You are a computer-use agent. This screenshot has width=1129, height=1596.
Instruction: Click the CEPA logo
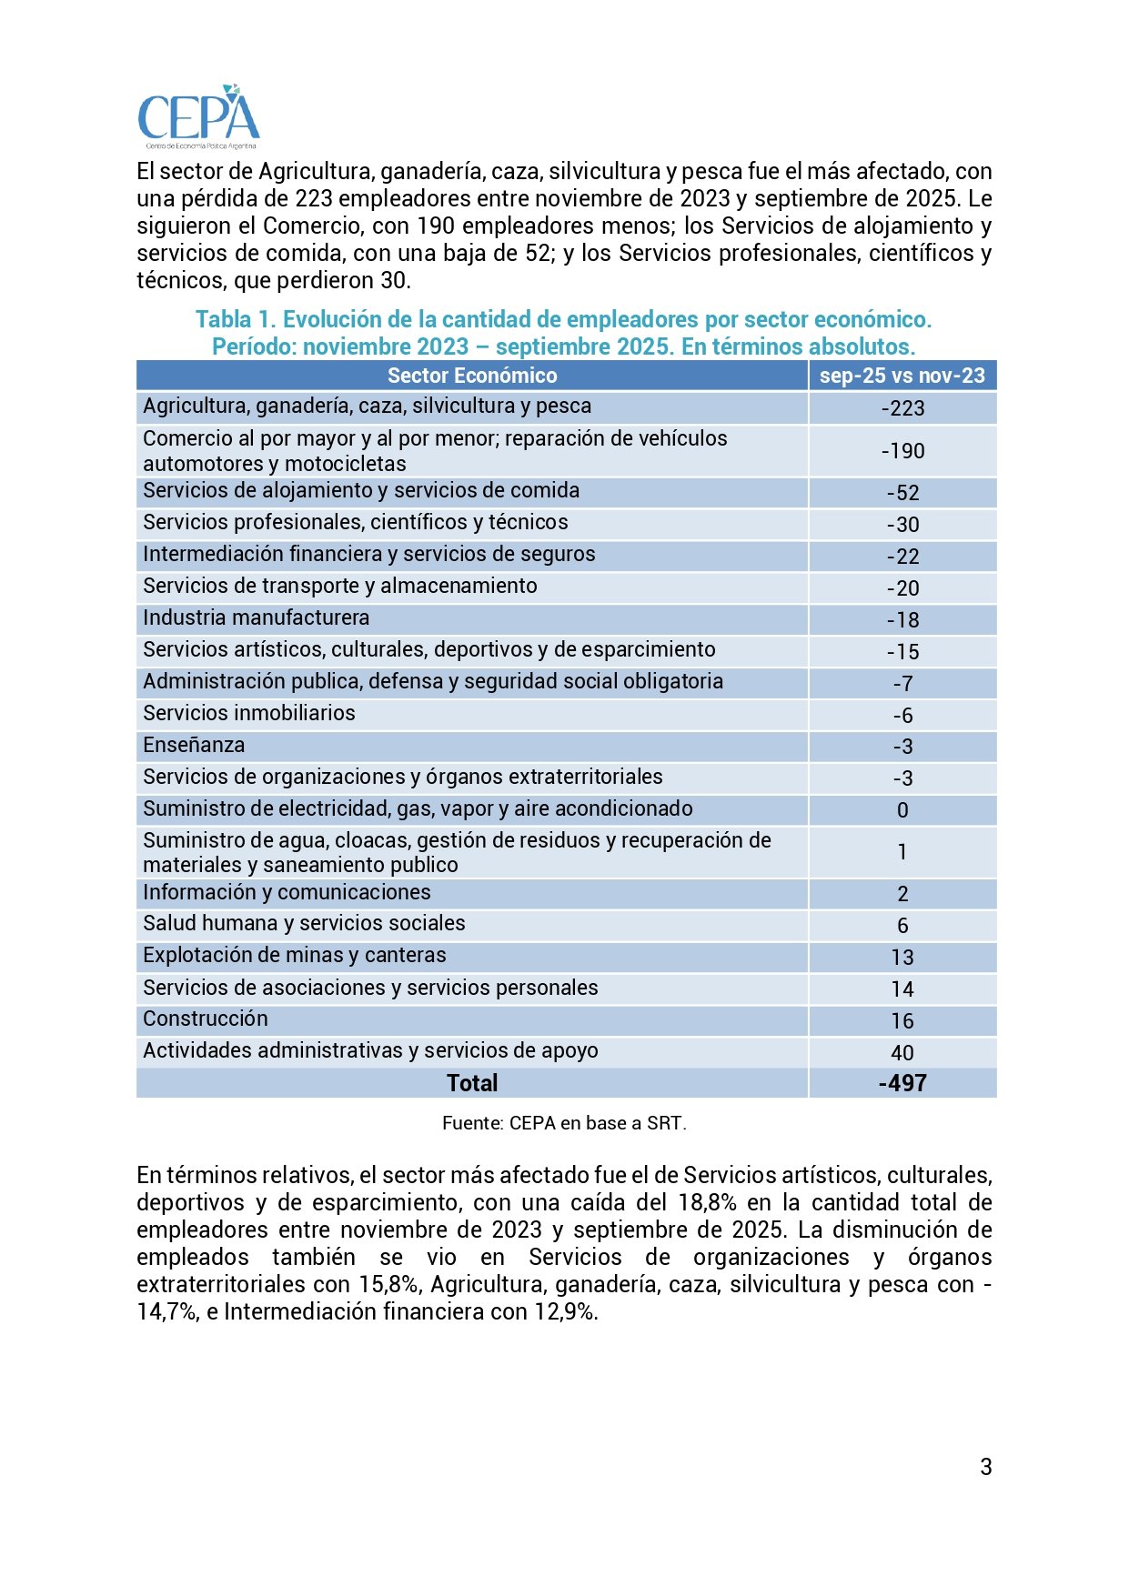[x=198, y=117]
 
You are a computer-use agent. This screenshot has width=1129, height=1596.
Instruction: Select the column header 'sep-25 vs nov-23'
[x=902, y=376]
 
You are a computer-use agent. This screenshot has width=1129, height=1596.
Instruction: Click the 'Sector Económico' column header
[x=472, y=376]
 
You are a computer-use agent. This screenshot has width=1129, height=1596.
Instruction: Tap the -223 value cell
[x=902, y=408]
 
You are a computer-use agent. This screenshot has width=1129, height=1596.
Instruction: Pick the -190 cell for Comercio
[x=902, y=451]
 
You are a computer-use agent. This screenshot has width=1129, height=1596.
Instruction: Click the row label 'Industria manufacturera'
[x=256, y=618]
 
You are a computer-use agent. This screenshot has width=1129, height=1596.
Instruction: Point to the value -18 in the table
[x=902, y=620]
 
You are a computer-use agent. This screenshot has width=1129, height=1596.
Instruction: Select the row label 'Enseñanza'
[x=194, y=746]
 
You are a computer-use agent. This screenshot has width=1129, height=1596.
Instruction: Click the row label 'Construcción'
[x=206, y=1019]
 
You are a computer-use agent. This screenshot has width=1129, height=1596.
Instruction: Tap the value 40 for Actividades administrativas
[x=902, y=1053]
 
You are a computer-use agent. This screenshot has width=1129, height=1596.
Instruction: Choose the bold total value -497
[x=902, y=1083]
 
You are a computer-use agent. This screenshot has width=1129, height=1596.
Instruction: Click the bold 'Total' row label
[x=472, y=1083]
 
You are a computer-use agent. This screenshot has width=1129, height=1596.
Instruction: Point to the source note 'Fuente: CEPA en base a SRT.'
[x=564, y=1123]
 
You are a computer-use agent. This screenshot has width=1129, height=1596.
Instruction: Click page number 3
[x=986, y=1467]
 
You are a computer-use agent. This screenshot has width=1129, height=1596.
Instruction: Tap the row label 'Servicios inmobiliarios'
[x=249, y=713]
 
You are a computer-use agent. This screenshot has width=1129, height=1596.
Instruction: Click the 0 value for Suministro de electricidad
[x=902, y=810]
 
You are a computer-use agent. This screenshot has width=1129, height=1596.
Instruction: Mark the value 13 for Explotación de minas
[x=902, y=958]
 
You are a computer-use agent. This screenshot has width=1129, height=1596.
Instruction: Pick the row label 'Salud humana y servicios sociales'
[x=304, y=923]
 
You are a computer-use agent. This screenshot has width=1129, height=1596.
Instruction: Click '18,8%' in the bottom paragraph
[x=707, y=1202]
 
